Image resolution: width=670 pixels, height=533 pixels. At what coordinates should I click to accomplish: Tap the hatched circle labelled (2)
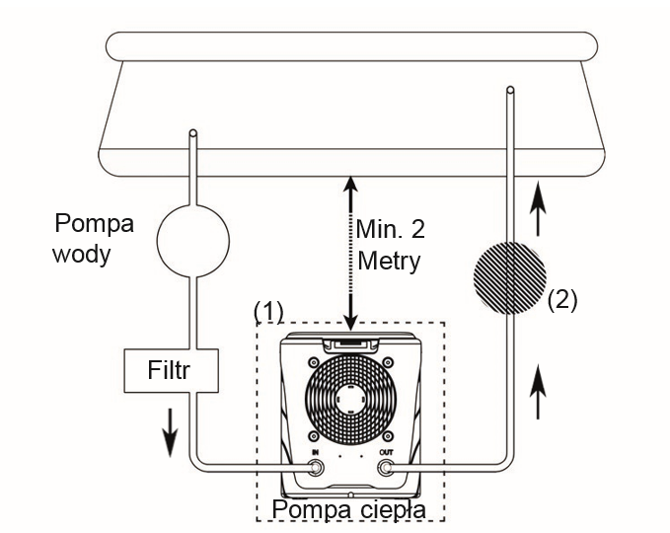click(509, 279)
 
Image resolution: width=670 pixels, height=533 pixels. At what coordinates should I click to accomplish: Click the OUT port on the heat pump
click(386, 469)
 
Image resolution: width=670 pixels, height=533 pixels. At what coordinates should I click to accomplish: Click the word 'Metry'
click(390, 264)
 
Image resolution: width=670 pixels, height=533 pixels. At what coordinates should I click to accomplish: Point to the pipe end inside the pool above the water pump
click(193, 132)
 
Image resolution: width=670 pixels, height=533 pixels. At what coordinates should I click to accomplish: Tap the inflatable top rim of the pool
click(350, 45)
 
